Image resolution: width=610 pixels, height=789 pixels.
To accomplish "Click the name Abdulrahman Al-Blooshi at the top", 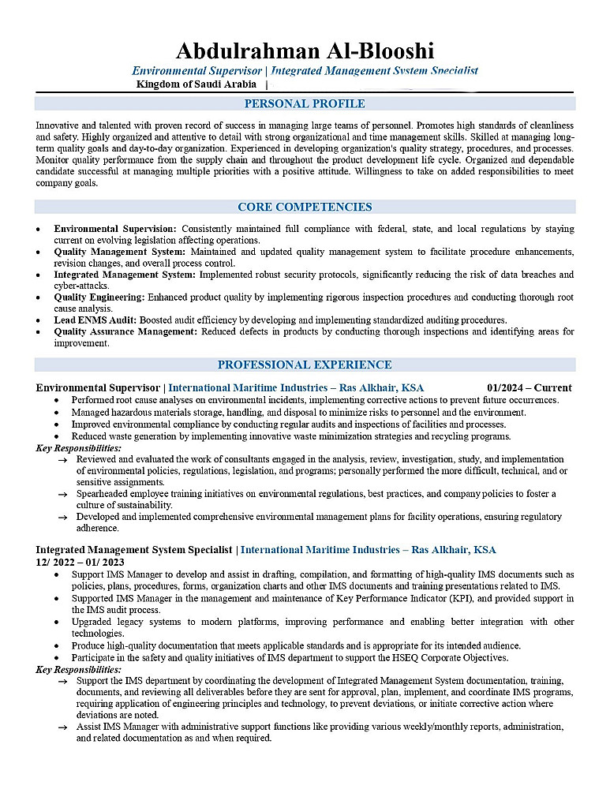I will pyautogui.click(x=305, y=51).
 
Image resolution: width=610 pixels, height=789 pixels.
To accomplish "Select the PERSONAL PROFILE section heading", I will pyautogui.click(x=305, y=104).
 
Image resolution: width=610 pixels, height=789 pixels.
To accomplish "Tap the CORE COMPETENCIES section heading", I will pyautogui.click(x=305, y=208).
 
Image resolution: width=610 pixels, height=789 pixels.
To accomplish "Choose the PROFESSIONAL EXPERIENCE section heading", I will pyautogui.click(x=305, y=365).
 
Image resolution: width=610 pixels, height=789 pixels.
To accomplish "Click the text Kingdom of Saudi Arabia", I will pyautogui.click(x=196, y=84).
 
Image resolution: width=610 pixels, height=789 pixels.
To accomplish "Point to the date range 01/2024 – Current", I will pyautogui.click(x=530, y=388).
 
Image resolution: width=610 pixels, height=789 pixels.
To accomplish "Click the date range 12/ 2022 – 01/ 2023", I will pyautogui.click(x=80, y=562).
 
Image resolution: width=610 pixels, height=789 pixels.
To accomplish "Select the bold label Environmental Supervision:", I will pyautogui.click(x=115, y=229).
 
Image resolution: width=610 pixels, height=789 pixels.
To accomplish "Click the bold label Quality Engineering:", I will pyautogui.click(x=99, y=297).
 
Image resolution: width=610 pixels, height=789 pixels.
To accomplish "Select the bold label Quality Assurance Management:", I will pyautogui.click(x=125, y=332).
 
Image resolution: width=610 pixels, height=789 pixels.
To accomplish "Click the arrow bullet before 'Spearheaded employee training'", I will pyautogui.click(x=62, y=495).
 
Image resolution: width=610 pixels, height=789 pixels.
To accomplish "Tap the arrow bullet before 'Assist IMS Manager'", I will pyautogui.click(x=62, y=727).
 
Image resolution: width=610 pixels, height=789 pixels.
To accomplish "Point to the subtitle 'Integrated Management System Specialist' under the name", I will pyautogui.click(x=375, y=71).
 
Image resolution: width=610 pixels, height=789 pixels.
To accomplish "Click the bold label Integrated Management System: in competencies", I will pyautogui.click(x=125, y=275).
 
